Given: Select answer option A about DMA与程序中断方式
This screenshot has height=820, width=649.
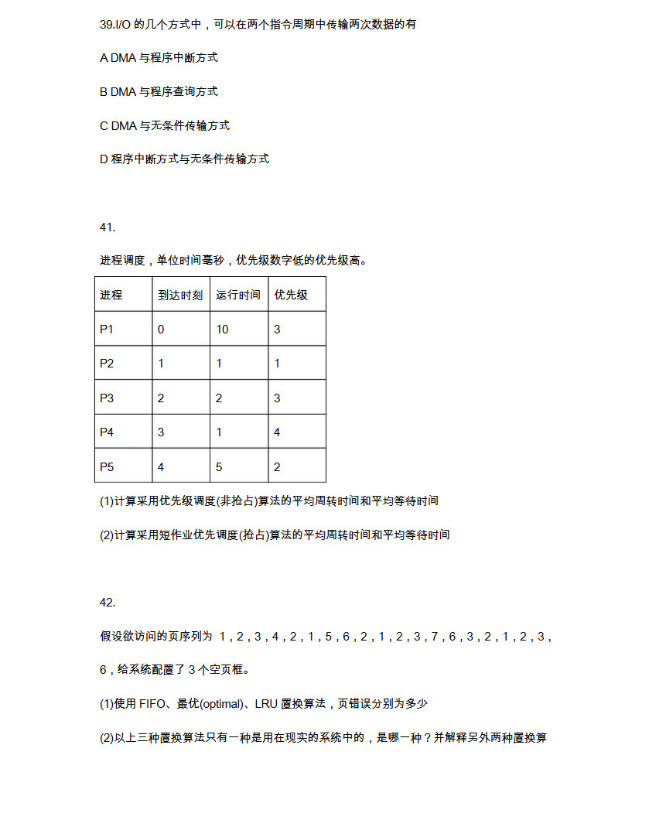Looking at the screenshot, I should [x=159, y=58].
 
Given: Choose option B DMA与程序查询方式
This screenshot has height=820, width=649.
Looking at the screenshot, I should [x=159, y=92].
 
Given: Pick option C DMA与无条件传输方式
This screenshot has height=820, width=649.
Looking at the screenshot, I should [x=164, y=126].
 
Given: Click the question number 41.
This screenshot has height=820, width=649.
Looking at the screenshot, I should [x=108, y=227].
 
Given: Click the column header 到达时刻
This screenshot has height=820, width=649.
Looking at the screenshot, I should [x=180, y=296].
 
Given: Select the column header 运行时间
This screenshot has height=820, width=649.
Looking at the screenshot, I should [x=238, y=296].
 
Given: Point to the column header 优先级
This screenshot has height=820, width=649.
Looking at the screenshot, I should [x=291, y=296].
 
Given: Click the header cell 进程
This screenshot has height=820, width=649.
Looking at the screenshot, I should [x=111, y=296].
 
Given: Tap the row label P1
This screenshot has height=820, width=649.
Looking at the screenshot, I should [x=107, y=330].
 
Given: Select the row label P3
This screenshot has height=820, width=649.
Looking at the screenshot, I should [x=107, y=398].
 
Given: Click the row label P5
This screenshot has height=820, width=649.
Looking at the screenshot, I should [x=107, y=466].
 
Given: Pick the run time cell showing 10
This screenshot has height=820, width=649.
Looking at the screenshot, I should [x=222, y=330].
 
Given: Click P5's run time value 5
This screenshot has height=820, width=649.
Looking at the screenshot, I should [x=219, y=466].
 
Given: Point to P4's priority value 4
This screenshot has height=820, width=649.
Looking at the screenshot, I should [x=277, y=432].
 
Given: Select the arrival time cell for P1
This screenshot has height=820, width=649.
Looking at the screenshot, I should [x=161, y=330].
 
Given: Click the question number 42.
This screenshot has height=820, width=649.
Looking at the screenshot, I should [x=108, y=603].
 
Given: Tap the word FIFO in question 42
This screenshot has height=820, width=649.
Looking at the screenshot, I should [x=153, y=704].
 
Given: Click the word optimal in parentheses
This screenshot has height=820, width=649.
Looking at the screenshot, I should [x=224, y=704].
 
